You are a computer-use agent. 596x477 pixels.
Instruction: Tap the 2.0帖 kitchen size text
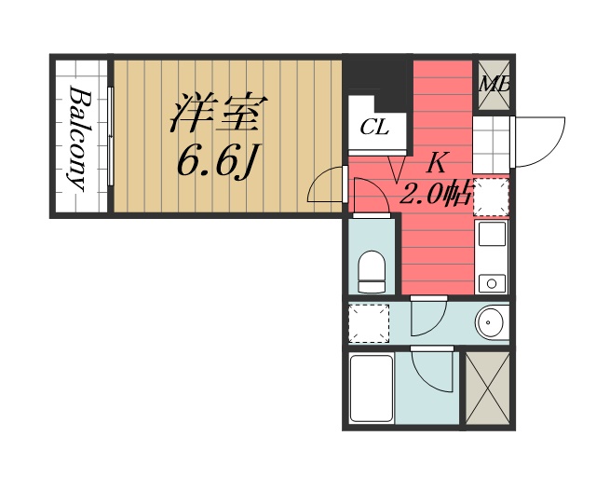pos(436,195)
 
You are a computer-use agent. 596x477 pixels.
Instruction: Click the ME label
pos(494,85)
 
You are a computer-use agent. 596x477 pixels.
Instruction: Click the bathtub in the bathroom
pos(370,388)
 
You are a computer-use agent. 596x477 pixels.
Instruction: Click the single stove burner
pos(491,281)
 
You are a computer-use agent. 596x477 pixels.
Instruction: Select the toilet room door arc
pos(372,196)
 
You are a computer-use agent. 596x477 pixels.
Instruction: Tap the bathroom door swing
pos(431,373)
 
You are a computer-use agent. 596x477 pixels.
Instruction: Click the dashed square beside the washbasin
pos(368,322)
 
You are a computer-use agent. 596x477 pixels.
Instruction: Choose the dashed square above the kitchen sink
pos(491,198)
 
